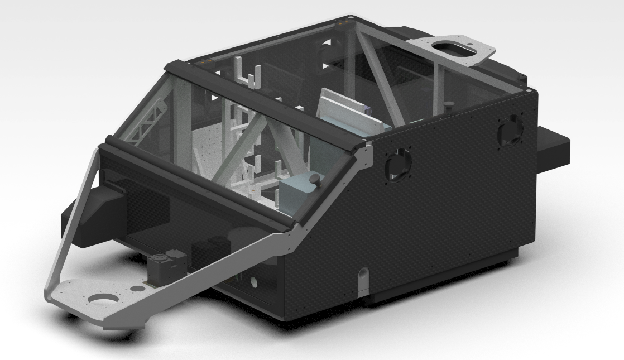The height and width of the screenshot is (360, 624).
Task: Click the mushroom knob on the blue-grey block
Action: coord(316,179)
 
